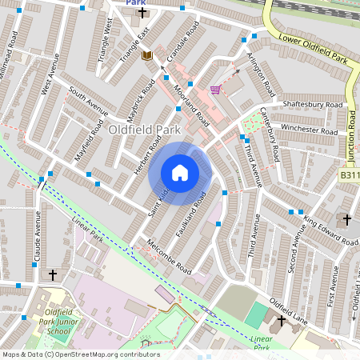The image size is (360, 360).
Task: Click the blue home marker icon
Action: pos(180,173)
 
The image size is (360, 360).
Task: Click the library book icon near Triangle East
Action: pos(146,55)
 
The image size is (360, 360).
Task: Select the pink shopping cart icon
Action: pos(214,89)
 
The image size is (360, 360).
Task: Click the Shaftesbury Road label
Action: pos(313,104)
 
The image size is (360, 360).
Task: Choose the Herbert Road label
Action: pos(147,147)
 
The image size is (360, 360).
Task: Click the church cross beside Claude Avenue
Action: pos(53,274)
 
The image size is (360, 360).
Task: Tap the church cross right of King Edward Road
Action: pos(346,218)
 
